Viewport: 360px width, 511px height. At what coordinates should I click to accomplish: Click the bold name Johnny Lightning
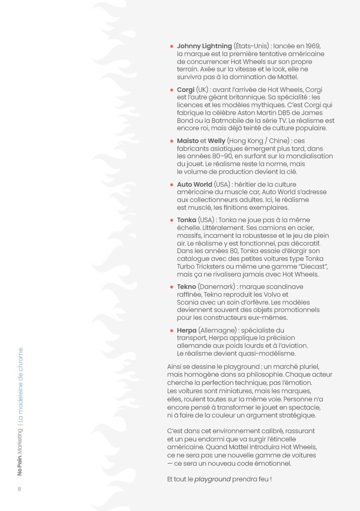point(204,46)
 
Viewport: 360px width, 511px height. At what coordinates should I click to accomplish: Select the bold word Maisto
point(187,141)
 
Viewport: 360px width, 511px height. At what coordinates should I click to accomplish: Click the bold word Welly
point(216,141)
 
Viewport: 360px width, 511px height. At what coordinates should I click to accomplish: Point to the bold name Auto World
point(194,185)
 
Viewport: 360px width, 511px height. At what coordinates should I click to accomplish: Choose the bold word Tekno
point(186,287)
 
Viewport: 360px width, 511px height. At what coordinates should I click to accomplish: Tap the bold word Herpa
point(187,331)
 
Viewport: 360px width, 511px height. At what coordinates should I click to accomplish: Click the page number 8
point(19,489)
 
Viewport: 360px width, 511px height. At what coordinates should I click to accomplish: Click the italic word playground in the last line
point(212,480)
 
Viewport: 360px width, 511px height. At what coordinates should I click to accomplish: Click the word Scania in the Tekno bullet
point(187,302)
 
